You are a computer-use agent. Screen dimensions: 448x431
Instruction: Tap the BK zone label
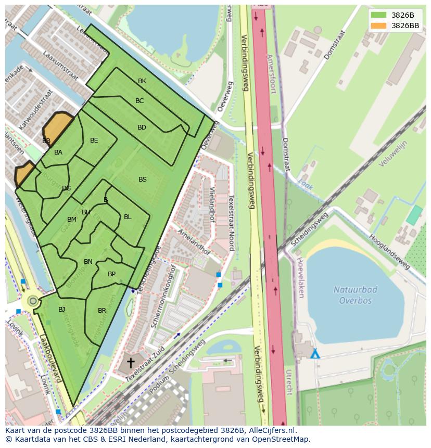(x=142, y=81)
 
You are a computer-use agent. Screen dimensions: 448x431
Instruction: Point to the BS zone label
(x=142, y=180)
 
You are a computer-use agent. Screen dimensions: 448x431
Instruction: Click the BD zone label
(x=142, y=127)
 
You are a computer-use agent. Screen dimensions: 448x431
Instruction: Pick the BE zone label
(x=94, y=140)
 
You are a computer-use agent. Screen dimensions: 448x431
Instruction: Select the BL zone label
(x=128, y=217)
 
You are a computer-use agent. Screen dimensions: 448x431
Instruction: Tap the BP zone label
(x=111, y=274)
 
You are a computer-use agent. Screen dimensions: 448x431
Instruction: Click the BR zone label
(x=102, y=311)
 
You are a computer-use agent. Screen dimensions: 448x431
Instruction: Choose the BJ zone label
(x=61, y=310)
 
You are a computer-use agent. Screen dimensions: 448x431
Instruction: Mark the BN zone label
(x=88, y=262)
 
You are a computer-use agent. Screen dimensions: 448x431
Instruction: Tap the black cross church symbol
(x=130, y=362)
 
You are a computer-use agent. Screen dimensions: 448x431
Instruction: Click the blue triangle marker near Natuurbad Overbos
(x=315, y=354)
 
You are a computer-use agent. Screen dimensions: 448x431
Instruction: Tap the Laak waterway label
(x=306, y=183)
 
